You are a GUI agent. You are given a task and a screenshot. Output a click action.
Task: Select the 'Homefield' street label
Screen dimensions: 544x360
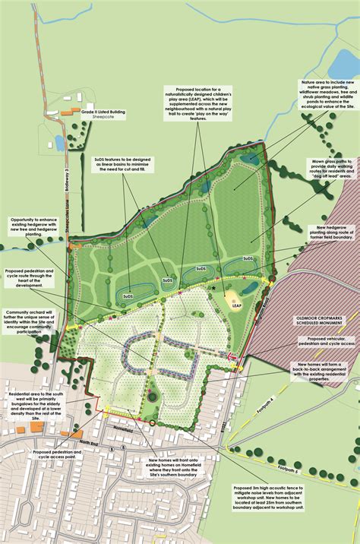123,426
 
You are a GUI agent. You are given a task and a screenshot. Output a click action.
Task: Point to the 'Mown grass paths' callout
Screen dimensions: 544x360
327,172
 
